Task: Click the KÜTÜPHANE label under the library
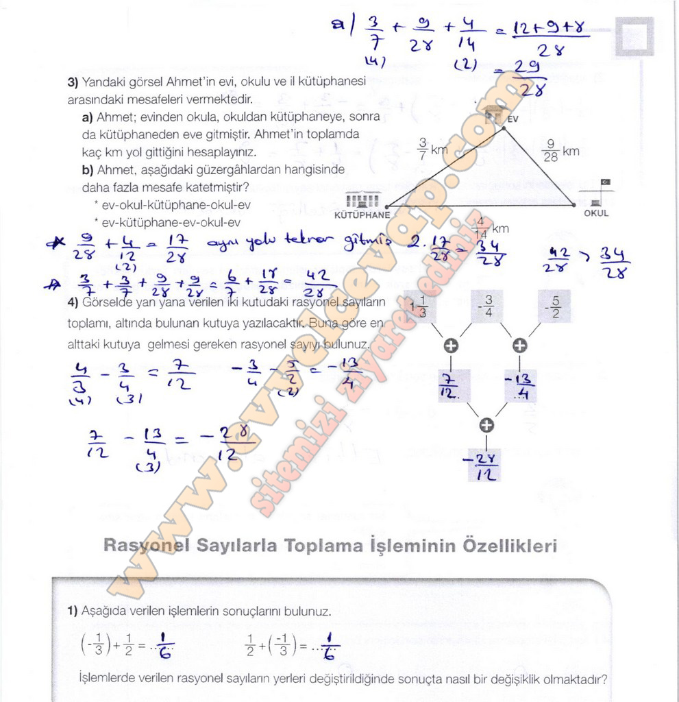pyautogui.click(x=362, y=215)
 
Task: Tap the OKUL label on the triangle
pyautogui.click(x=595, y=213)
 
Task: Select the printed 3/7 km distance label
pyautogui.click(x=432, y=149)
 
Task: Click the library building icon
pyautogui.click(x=362, y=199)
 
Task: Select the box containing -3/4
pyautogui.click(x=487, y=306)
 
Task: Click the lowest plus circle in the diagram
pyautogui.click(x=486, y=425)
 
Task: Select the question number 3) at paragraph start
pyautogui.click(x=73, y=82)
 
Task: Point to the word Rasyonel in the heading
pyautogui.click(x=146, y=546)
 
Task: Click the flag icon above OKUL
pyautogui.click(x=605, y=182)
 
